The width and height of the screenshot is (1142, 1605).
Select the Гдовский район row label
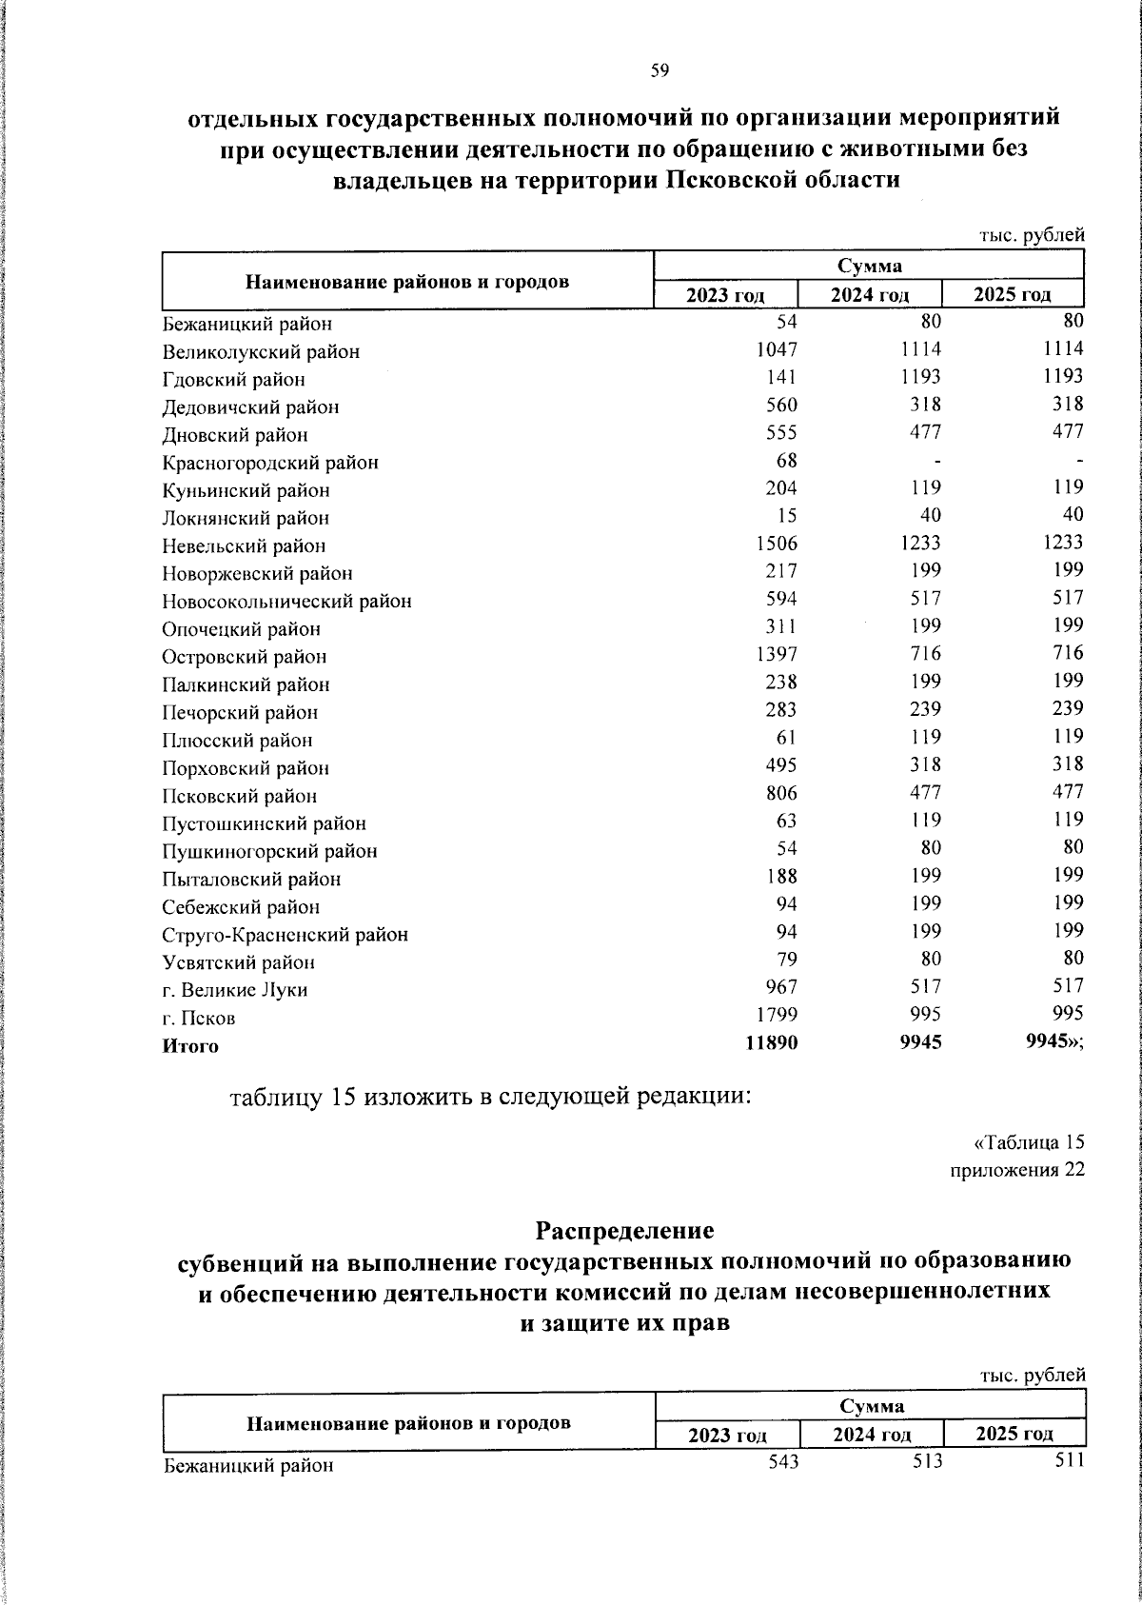tap(233, 380)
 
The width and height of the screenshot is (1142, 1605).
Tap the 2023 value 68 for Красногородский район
tap(786, 461)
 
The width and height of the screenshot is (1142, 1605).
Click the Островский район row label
tap(244, 657)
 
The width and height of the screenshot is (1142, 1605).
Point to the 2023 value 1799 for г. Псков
tap(777, 1015)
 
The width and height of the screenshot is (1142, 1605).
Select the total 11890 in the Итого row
tap(772, 1043)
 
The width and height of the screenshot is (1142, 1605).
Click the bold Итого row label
tap(190, 1046)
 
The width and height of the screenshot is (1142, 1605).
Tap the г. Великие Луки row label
tap(235, 990)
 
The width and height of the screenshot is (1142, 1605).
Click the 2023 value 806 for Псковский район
tap(781, 792)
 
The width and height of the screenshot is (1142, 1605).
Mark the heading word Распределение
tap(624, 1230)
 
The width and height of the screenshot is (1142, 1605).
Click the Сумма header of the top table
tap(870, 266)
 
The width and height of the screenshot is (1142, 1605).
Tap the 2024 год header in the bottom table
tap(872, 1435)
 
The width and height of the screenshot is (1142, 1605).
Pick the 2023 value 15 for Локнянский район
tap(787, 516)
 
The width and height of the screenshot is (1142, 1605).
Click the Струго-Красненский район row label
tap(285, 935)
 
